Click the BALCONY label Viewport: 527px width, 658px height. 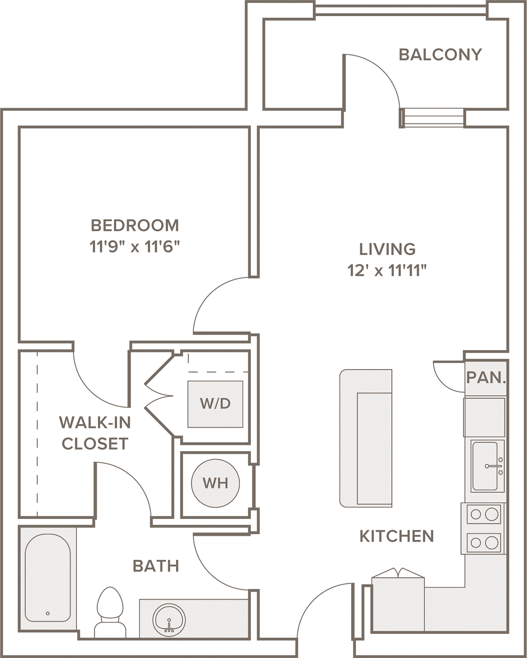click(x=440, y=55)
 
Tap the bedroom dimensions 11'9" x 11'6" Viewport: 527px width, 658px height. click(x=135, y=247)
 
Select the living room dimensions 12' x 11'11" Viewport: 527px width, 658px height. click(x=387, y=270)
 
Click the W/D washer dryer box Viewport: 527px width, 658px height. click(x=215, y=404)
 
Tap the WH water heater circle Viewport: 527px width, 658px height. click(x=215, y=483)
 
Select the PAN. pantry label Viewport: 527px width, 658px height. click(x=486, y=378)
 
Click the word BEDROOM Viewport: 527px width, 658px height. click(x=135, y=226)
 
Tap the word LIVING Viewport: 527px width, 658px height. click(x=387, y=249)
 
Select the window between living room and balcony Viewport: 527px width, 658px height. click(x=432, y=118)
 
